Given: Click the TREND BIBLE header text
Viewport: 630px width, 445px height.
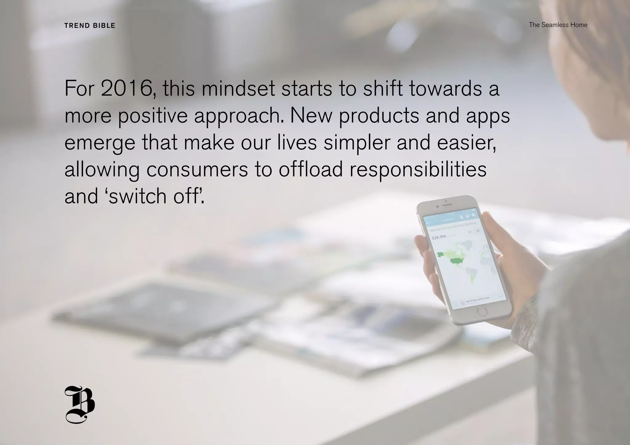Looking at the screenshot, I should click(90, 26).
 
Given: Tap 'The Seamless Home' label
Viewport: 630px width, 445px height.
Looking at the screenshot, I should click(558, 25).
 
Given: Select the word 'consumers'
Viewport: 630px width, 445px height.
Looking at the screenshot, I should click(197, 170).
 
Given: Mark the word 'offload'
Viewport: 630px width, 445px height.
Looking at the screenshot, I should click(311, 170).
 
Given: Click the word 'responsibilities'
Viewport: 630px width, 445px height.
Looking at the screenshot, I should click(418, 170).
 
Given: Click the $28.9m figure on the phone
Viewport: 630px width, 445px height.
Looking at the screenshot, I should click(439, 237).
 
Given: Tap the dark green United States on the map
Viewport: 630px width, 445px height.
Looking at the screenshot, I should click(459, 261).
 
